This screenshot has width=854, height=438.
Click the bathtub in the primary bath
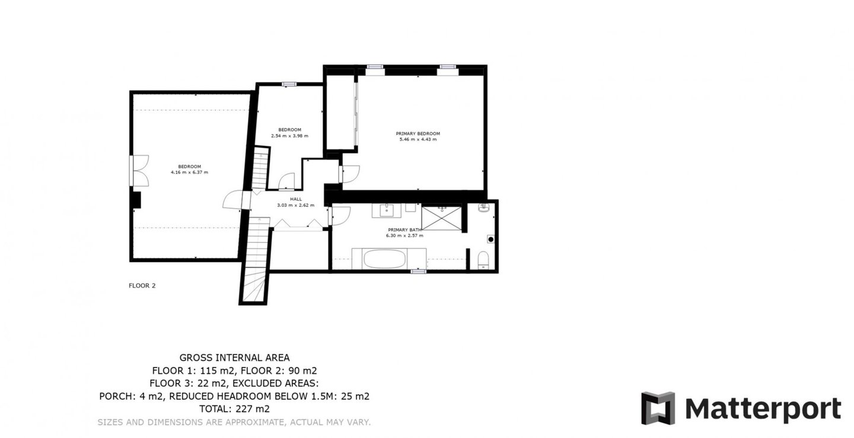point(384,258)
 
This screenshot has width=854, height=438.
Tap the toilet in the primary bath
point(483,260)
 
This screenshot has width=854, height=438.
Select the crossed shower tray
point(441,218)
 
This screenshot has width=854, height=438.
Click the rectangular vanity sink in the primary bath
point(387,210)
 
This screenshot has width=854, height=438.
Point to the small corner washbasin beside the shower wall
point(483,207)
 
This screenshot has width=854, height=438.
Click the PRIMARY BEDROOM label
point(418,134)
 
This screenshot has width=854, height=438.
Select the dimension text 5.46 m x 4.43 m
point(418,139)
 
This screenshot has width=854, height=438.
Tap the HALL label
point(296,199)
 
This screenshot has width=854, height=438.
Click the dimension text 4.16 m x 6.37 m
point(190,172)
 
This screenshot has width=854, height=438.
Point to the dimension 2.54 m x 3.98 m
point(290,136)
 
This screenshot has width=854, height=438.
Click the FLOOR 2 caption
point(142,286)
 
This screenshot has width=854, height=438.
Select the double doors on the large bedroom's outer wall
point(139,171)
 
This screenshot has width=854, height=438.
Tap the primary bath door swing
point(340,216)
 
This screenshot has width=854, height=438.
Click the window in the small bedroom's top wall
point(289,84)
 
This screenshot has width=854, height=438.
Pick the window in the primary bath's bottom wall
point(418,271)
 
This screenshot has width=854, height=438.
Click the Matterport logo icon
point(658,408)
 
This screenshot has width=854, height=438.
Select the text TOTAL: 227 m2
point(234,409)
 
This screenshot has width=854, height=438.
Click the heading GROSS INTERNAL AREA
point(234,358)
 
